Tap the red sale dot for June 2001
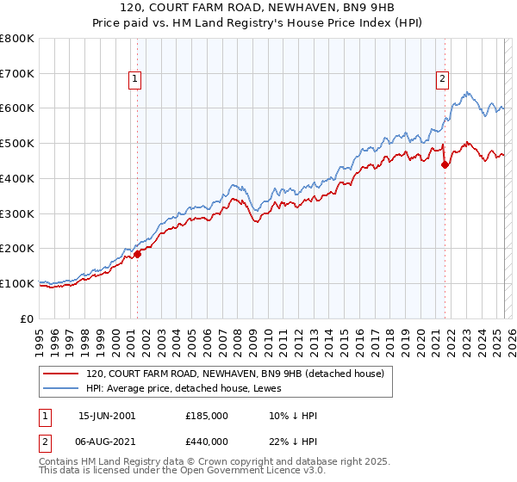tap(137, 253)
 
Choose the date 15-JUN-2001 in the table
tap(107, 416)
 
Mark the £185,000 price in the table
tap(207, 416)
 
